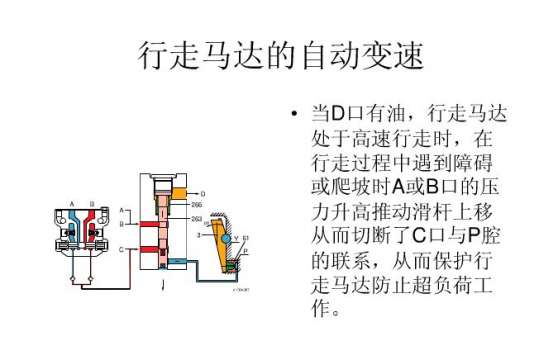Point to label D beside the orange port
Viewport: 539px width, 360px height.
(204, 192)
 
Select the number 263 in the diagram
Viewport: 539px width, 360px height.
(197, 217)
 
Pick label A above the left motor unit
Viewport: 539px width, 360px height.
(73, 203)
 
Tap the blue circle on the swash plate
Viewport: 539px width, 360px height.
(225, 239)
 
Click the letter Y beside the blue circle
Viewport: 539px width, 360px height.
(236, 238)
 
